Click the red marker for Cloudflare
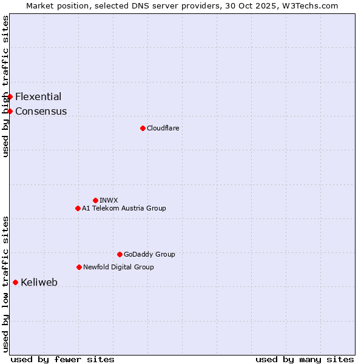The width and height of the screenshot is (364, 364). [143, 128]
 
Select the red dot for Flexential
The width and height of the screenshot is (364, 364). [10, 96]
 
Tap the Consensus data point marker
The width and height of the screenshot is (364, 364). [10, 111]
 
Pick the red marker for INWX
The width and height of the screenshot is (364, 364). [95, 200]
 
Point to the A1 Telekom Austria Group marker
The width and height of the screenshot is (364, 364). [78, 208]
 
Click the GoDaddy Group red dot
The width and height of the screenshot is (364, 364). [120, 254]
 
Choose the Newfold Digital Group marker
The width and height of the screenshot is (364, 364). [79, 267]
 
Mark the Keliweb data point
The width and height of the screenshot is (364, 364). [15, 282]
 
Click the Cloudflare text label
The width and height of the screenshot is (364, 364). [163, 128]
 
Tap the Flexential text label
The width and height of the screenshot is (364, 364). [38, 96]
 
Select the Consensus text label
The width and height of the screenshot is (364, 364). [41, 111]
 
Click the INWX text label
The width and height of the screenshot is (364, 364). [109, 200]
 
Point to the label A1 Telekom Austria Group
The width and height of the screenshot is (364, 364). [124, 208]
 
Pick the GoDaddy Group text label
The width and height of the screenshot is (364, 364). [149, 254]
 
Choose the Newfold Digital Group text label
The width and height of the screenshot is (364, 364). [118, 267]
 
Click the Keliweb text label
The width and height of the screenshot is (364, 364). [39, 282]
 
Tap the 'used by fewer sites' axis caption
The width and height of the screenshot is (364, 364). [62, 359]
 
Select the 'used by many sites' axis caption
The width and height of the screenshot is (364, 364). [305, 359]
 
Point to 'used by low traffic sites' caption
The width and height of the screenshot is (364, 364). [5, 284]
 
